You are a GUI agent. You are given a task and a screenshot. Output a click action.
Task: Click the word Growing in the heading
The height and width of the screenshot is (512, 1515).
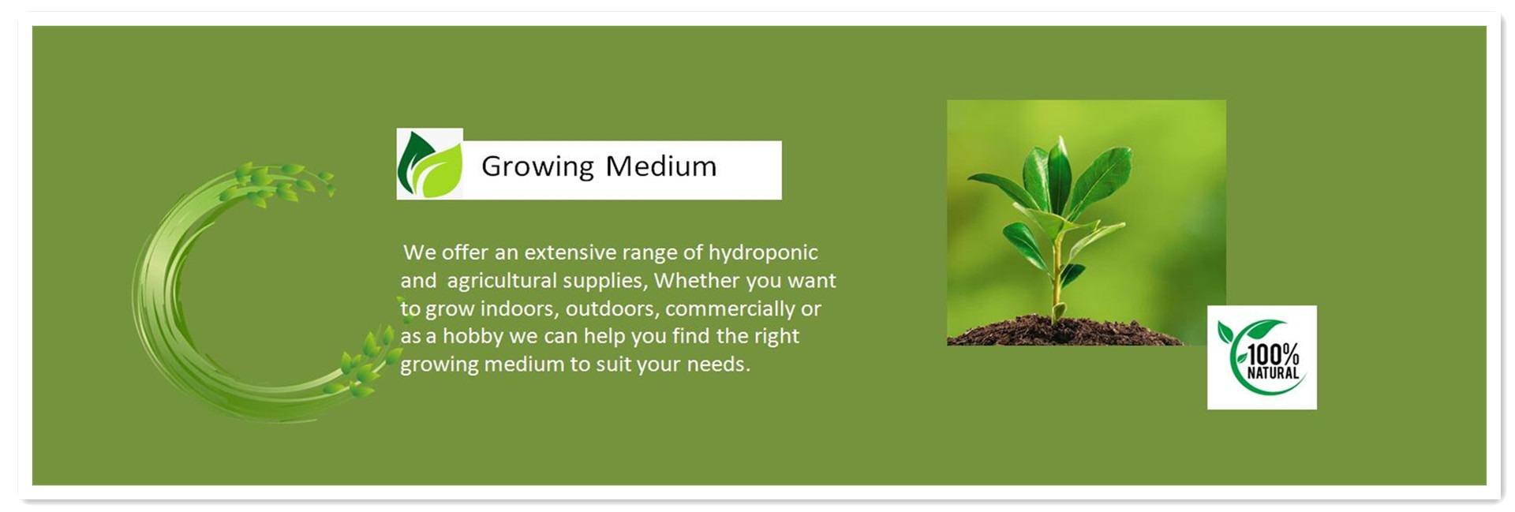click(x=537, y=167)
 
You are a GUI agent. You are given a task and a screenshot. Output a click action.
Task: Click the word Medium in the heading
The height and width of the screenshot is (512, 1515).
click(x=661, y=166)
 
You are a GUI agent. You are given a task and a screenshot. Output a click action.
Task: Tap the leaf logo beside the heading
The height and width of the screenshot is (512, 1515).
click(x=429, y=164)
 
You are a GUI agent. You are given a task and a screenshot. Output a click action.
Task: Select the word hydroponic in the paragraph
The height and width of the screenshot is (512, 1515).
click(x=763, y=253)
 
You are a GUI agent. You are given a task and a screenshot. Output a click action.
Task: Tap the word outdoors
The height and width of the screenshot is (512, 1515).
click(x=612, y=308)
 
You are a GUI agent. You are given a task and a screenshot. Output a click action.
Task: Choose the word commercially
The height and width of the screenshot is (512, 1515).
click(x=730, y=309)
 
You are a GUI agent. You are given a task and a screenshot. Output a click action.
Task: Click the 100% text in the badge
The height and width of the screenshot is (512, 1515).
click(x=1273, y=355)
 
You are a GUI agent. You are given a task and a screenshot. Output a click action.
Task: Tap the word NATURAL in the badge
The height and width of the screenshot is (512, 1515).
click(x=1273, y=373)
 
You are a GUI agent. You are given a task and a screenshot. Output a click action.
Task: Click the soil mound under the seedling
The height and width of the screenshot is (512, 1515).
click(x=1065, y=331)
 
